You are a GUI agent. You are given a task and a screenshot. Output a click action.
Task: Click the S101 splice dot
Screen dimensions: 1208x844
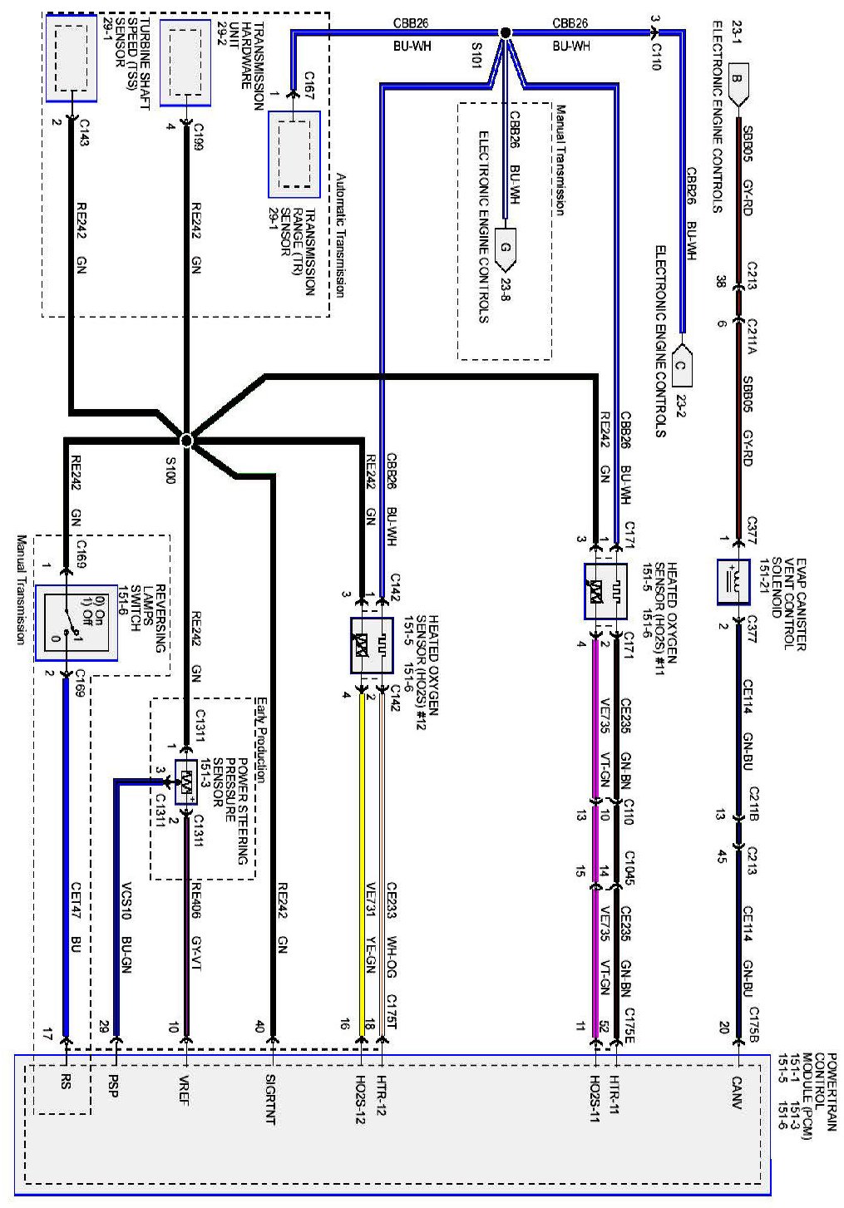(504, 32)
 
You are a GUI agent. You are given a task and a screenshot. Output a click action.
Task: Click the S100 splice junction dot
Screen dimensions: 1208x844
(186, 440)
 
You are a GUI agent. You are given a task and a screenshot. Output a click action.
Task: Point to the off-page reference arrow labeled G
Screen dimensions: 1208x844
(505, 248)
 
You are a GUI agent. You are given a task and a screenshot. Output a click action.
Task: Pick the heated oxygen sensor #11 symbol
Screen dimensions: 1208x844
(605, 591)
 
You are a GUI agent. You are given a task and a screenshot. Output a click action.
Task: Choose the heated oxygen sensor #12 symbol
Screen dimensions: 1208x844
(372, 645)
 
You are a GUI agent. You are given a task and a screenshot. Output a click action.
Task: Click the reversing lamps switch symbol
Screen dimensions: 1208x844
(76, 623)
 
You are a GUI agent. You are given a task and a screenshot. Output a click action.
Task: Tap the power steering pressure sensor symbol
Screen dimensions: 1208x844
(186, 782)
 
